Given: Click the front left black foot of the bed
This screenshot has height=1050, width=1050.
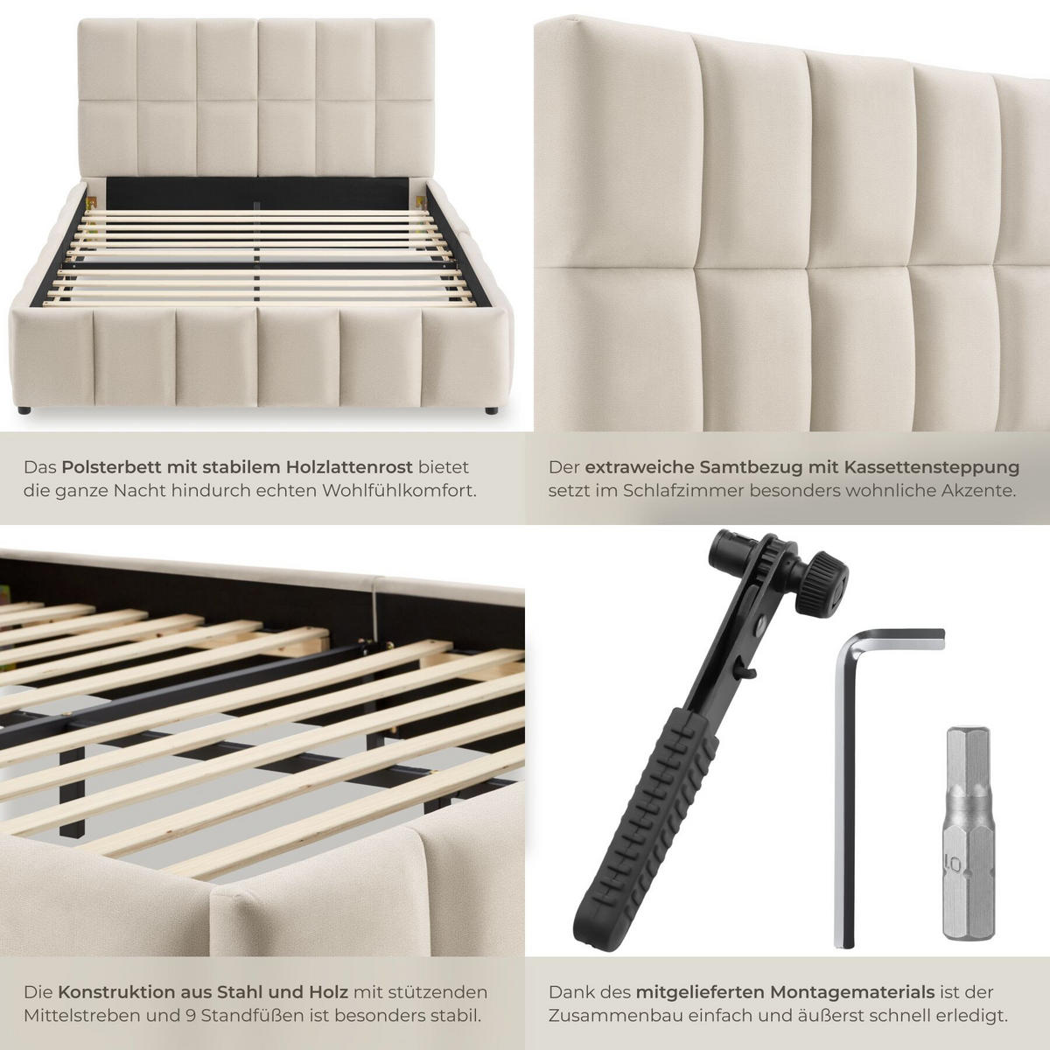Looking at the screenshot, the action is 24,409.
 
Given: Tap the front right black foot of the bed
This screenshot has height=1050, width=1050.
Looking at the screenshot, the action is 491,409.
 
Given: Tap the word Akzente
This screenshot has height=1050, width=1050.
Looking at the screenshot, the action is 977,491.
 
